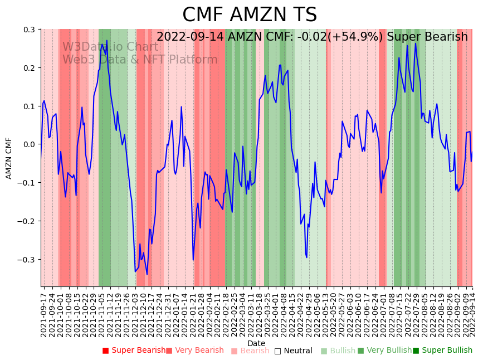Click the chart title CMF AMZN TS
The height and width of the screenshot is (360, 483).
coord(250,15)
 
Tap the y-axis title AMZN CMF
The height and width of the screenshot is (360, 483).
coord(9,158)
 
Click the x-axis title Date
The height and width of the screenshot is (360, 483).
coord(256,343)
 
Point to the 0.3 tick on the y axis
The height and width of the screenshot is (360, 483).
coord(30,30)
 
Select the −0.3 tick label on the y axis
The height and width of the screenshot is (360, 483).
coord(27,260)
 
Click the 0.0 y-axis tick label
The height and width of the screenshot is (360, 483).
coord(30,144)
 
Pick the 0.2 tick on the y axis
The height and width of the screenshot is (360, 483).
coord(30,68)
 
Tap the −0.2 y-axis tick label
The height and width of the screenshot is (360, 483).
coord(27,221)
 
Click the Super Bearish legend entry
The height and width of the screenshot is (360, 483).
coord(134,351)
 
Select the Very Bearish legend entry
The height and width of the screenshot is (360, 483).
coord(194,351)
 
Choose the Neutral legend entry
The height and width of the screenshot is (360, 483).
coord(294,351)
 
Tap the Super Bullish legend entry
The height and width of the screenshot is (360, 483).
coord(442,351)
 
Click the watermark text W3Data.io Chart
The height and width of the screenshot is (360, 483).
coord(110,47)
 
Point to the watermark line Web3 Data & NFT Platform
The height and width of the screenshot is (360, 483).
coord(140,60)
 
